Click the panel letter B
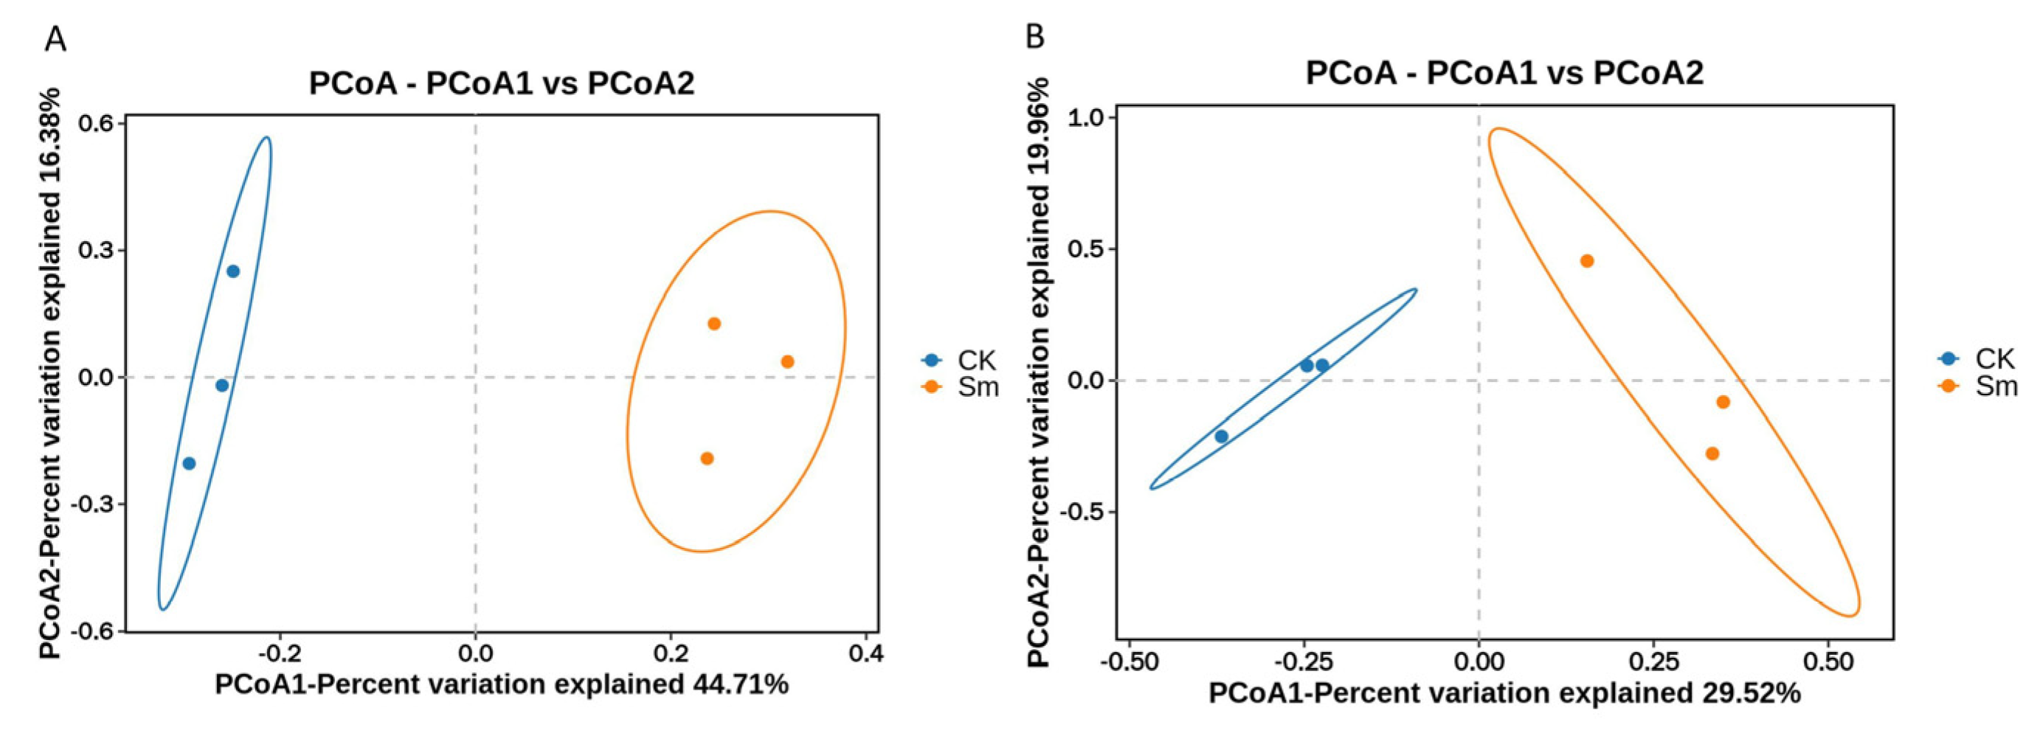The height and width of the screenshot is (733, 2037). pos(1035,36)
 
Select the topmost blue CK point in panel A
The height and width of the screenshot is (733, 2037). pos(232,271)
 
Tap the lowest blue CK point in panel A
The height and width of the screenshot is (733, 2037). pos(189,463)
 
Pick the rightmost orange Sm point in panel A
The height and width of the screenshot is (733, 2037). pos(786,361)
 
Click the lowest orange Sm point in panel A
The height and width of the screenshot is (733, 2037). pos(707,459)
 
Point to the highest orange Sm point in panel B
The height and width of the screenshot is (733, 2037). pos(1587,261)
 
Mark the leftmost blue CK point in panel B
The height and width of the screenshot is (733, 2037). pos(1221,437)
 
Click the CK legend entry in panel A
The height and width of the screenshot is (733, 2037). pos(959,361)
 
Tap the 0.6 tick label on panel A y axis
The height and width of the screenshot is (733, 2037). pos(97,123)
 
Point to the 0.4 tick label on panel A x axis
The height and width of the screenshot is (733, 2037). pos(866,654)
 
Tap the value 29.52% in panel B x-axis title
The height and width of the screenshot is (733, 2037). pos(1751,692)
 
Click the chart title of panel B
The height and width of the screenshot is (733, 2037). pos(1504,73)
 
